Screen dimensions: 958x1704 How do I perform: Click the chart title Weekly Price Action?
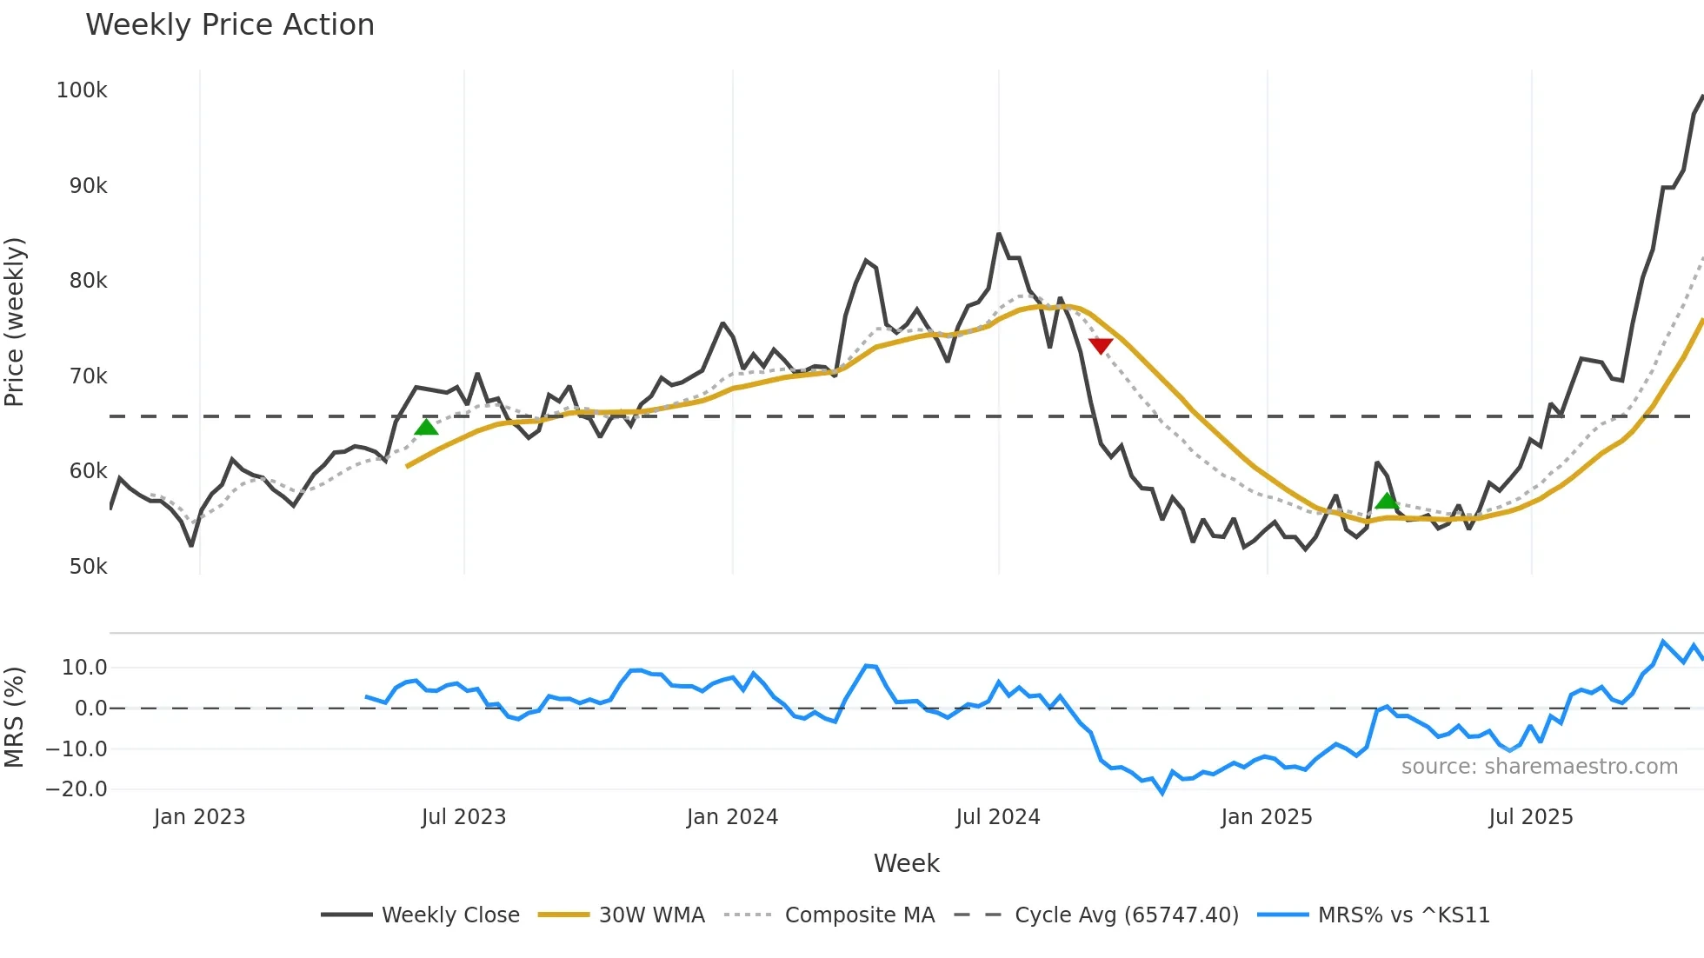[x=230, y=25]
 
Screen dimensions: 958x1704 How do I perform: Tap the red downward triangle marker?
[x=1101, y=346]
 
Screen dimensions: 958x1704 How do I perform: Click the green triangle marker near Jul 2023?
[x=426, y=426]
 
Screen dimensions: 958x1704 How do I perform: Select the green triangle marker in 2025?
[x=1387, y=501]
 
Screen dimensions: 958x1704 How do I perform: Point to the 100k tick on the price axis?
[x=82, y=90]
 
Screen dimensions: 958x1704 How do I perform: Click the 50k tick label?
[x=88, y=567]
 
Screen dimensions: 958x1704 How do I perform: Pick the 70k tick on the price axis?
[x=88, y=376]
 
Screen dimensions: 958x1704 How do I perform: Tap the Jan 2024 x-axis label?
[x=732, y=817]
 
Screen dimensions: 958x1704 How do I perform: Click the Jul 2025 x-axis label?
[x=1530, y=817]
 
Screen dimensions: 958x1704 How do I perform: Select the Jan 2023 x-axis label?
[x=199, y=817]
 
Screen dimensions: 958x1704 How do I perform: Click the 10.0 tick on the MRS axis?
[x=84, y=668]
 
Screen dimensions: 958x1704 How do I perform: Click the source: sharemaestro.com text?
[x=1539, y=767]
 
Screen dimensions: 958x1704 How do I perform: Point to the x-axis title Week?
[x=906, y=863]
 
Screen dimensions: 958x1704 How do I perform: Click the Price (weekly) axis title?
[x=15, y=322]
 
